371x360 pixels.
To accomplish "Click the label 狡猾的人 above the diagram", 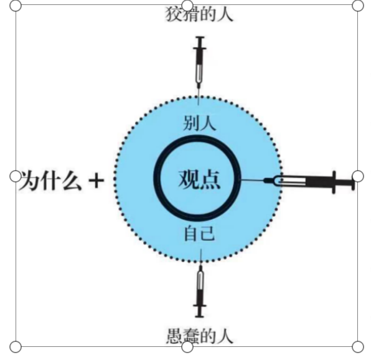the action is [x=199, y=15].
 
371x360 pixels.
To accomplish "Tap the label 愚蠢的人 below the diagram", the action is [x=200, y=336].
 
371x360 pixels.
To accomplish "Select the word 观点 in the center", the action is [x=199, y=179].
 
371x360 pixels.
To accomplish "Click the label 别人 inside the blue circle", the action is [x=199, y=123].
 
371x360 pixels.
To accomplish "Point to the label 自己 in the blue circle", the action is [x=200, y=234].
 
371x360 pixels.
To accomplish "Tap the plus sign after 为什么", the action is [x=96, y=181].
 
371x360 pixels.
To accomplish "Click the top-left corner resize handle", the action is [x=16, y=6].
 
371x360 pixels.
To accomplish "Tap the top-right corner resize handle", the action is [x=358, y=6].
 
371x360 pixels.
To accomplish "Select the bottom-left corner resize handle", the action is [x=16, y=347].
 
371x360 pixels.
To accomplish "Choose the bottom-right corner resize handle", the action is [x=358, y=347].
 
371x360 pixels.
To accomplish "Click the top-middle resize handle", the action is [x=187, y=5].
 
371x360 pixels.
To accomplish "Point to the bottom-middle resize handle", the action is [x=187, y=347].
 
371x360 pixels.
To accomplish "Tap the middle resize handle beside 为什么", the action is [x=16, y=176].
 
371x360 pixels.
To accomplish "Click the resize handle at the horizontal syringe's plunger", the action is [x=358, y=176].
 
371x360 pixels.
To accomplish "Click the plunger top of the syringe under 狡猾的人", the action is [x=200, y=37].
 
